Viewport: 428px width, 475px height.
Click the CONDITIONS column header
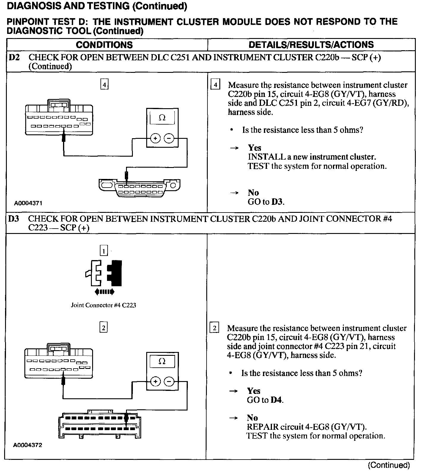click(x=104, y=45)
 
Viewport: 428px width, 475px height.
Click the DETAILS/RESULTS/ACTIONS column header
click(x=311, y=45)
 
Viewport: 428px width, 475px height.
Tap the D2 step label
click(x=14, y=57)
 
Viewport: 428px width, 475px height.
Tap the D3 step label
click(x=14, y=219)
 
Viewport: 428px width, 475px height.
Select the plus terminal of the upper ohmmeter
click(x=155, y=138)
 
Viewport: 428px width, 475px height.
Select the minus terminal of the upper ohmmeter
click(x=169, y=138)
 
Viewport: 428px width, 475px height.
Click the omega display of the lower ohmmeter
click(x=162, y=361)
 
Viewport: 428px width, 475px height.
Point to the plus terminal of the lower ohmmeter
click(x=155, y=381)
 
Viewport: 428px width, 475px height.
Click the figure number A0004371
click(x=28, y=203)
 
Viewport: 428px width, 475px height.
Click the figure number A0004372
click(x=27, y=445)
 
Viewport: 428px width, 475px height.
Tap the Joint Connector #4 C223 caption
click(x=103, y=305)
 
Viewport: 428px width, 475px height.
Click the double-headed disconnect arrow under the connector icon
click(x=104, y=292)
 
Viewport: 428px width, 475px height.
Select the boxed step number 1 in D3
click(x=103, y=251)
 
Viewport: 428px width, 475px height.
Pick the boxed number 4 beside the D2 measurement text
click(x=215, y=85)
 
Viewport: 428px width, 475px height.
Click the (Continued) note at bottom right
click(x=389, y=465)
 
